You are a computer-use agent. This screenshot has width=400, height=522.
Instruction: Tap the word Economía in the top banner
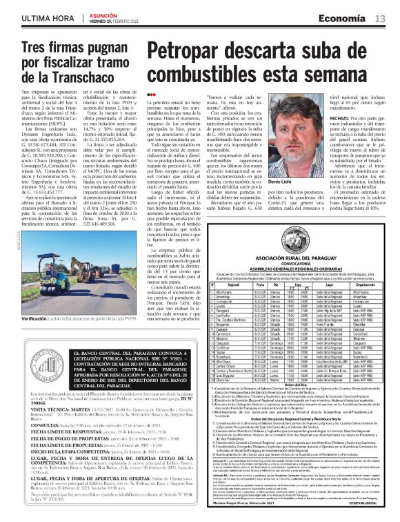click(344, 17)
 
